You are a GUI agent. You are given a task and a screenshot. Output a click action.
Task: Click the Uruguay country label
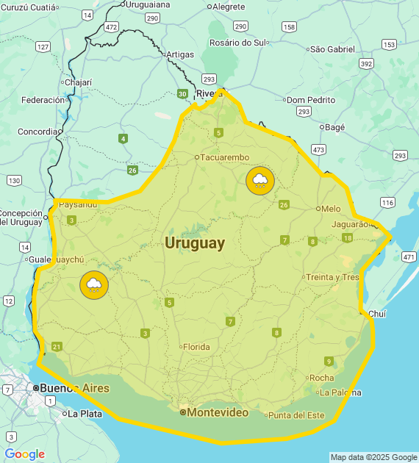(195, 243)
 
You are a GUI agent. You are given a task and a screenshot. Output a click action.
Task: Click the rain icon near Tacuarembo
(260, 180)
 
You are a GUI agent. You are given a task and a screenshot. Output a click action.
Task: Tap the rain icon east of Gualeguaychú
(94, 285)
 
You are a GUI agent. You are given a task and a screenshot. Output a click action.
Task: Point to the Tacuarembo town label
(225, 157)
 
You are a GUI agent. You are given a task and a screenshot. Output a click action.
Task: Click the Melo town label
(331, 209)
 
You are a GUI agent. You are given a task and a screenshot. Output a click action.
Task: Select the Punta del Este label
(296, 415)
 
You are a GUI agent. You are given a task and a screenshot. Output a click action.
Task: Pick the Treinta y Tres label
(332, 277)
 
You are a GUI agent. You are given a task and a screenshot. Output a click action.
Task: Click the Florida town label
(196, 347)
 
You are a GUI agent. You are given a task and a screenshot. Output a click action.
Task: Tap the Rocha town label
(321, 378)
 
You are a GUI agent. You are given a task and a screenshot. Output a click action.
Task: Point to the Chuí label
(376, 314)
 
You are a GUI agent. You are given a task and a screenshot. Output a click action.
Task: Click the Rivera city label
(209, 93)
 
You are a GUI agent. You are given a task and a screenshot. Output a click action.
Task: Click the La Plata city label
(85, 414)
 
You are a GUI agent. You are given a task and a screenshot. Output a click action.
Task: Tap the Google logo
(24, 454)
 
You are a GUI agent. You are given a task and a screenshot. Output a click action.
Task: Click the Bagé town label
(334, 127)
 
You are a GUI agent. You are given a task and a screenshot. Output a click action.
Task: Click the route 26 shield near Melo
(284, 204)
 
